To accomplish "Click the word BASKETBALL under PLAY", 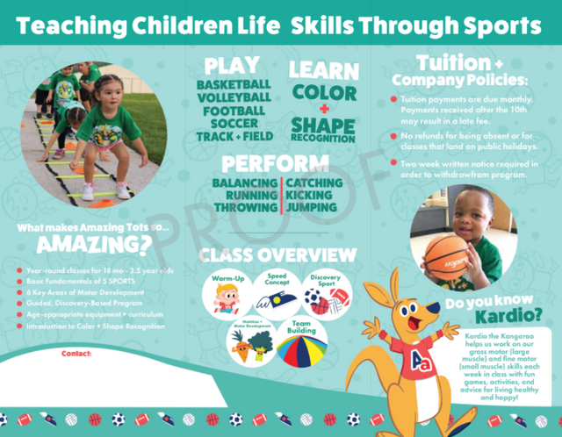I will pos(233,84).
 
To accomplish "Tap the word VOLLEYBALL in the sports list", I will pos(233,97).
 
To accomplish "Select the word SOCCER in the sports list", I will pos(233,124).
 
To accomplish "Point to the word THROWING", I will pos(244,207).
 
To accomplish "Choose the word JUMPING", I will pos(311,207).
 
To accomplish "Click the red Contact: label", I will pos(77,354).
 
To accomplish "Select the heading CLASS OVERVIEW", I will pos(277,255).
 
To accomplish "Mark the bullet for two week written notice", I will pos(395,163).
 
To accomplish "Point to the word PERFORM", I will pos(269,163).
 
